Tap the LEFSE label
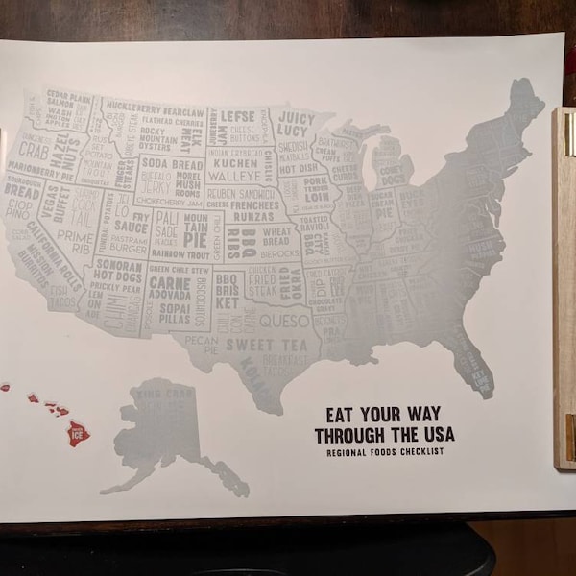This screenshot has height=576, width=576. [237, 117]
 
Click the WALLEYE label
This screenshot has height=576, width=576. [234, 176]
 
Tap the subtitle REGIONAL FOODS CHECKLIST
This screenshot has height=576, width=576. [384, 451]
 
